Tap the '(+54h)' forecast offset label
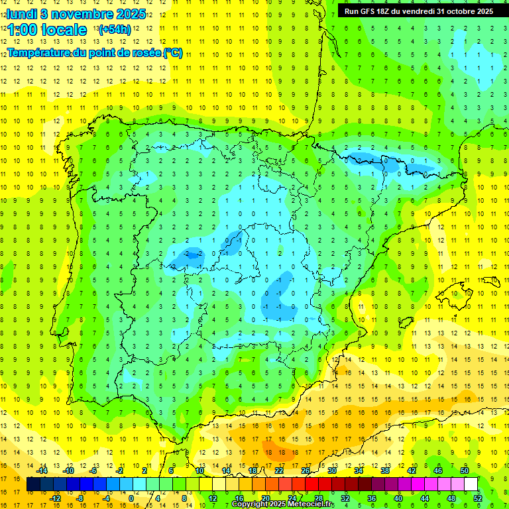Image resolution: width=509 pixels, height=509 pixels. pos(114,30)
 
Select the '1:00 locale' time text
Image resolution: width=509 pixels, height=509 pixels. pos(47,30)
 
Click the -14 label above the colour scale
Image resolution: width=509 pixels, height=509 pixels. pos(42,470)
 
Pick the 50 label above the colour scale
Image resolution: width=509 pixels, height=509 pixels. pos(465,470)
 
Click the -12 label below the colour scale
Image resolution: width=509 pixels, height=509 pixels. pos(55,498)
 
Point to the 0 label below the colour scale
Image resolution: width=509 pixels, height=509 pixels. pos(131,498)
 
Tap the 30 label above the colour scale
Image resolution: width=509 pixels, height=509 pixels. pos(332,470)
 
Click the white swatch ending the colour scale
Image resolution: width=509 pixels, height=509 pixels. pos(471,484)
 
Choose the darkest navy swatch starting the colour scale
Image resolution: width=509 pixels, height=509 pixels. pos(33,484)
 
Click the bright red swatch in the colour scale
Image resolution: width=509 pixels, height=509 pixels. pos(312,484)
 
